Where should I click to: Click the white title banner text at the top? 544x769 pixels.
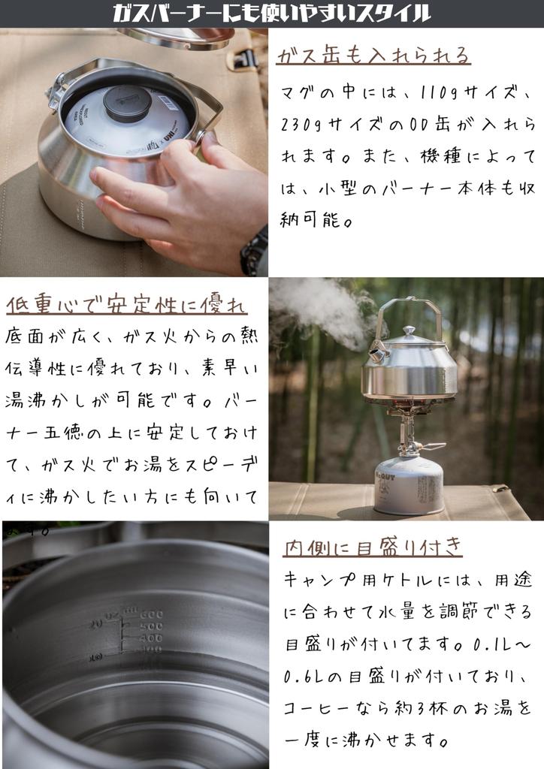[x=272, y=14]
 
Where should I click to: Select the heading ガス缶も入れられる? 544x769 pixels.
[x=373, y=56]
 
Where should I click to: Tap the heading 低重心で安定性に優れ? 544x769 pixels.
[x=126, y=304]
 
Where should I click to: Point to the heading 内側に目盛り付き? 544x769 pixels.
[x=373, y=546]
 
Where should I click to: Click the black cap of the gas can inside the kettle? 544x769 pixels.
[x=127, y=102]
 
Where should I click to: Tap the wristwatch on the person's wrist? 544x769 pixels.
[x=255, y=252]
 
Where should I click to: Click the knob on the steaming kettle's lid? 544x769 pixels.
[x=408, y=331]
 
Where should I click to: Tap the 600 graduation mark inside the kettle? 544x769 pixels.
[x=151, y=614]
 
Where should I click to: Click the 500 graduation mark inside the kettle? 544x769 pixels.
[x=151, y=626]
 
